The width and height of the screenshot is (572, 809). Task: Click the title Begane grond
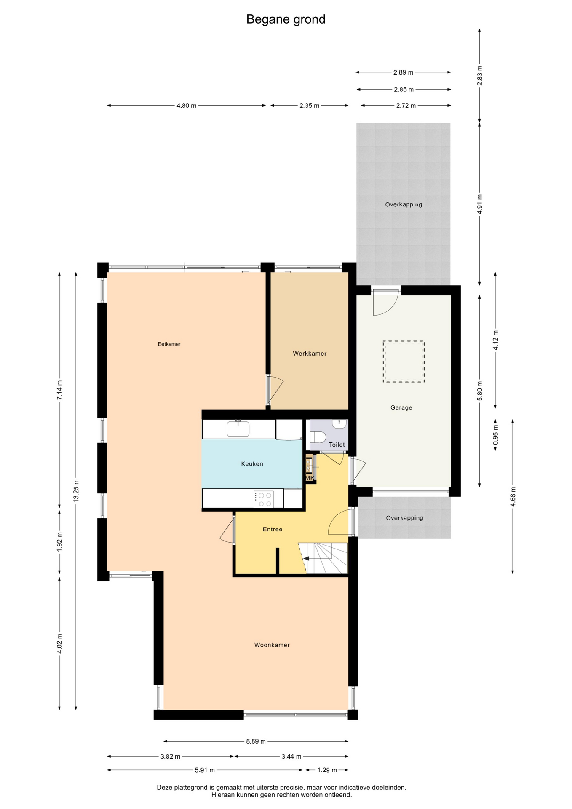tap(286, 19)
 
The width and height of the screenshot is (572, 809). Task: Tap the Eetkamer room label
tap(169, 344)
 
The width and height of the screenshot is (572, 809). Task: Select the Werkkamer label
tap(310, 354)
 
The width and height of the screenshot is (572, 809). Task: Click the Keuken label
tap(252, 464)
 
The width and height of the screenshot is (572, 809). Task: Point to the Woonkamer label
tap(272, 645)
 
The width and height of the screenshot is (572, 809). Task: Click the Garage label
tap(401, 408)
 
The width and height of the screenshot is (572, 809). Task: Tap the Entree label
tap(273, 530)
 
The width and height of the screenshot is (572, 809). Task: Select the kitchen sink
tap(238, 429)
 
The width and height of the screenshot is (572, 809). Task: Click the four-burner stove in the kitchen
tap(264, 499)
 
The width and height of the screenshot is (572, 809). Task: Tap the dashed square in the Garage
tap(404, 362)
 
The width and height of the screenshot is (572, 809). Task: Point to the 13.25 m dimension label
tap(76, 490)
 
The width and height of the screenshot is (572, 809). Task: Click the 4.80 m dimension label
tap(186, 106)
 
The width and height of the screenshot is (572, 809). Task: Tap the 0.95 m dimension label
tap(495, 434)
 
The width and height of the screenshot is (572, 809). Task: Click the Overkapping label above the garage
tap(404, 205)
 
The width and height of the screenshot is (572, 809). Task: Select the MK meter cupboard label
tap(310, 478)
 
